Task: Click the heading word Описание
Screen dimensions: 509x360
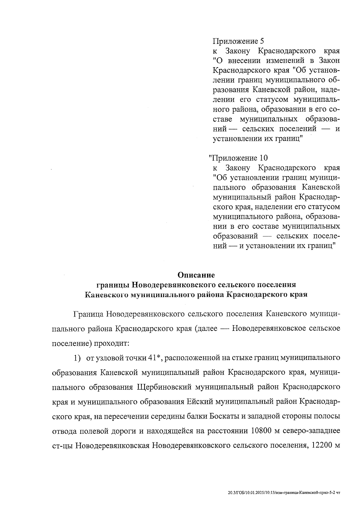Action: pyautogui.click(x=196, y=275)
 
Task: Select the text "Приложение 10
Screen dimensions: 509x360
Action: pyautogui.click(x=238, y=158)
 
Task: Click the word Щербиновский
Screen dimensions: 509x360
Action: pyautogui.click(x=164, y=387)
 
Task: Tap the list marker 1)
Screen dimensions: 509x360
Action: pyautogui.click(x=77, y=358)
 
